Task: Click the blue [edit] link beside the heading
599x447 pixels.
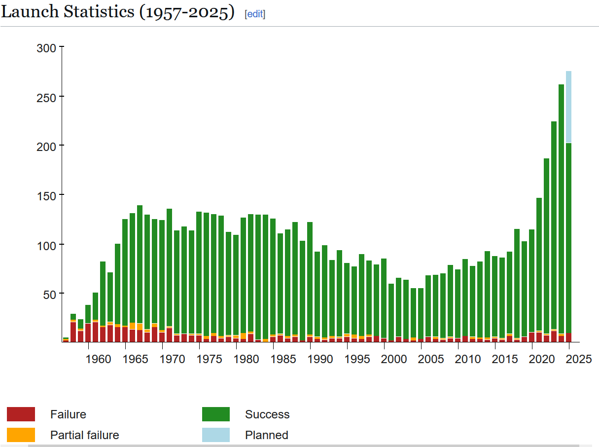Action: (255, 14)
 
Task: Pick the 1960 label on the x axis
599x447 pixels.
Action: (98, 359)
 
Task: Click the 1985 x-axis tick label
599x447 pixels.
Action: (283, 359)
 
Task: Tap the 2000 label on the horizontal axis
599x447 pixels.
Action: (394, 359)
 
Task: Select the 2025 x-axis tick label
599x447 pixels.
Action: (579, 359)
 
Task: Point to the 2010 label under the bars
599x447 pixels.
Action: (468, 359)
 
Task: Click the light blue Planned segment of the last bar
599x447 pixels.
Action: (568, 107)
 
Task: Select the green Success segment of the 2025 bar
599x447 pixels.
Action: (568, 237)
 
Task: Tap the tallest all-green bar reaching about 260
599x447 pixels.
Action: (561, 207)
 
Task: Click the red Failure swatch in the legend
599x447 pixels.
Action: (21, 414)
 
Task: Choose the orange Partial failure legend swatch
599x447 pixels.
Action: (21, 435)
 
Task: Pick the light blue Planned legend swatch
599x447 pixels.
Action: (215, 435)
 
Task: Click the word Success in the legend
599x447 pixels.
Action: (267, 414)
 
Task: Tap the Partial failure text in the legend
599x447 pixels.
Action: (84, 435)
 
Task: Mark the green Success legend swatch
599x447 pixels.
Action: (215, 414)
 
